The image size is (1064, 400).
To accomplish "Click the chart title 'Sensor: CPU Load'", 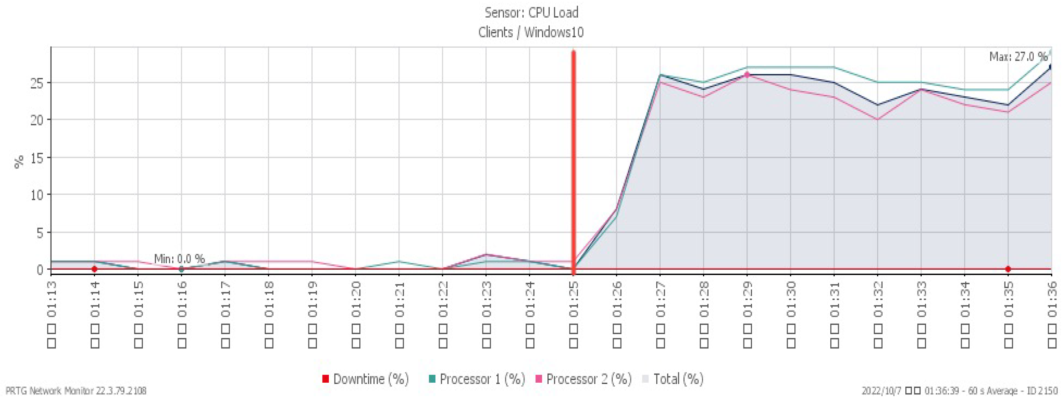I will [531, 13].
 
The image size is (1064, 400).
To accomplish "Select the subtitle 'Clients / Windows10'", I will [531, 32].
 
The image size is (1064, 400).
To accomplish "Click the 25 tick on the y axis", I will [37, 83].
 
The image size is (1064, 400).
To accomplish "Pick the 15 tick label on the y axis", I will [37, 157].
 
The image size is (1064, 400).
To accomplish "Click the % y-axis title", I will [19, 162].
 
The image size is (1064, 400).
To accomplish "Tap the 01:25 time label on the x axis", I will [573, 314].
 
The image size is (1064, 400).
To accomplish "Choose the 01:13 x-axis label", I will [51, 314].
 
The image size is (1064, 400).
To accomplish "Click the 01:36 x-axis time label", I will [1052, 314].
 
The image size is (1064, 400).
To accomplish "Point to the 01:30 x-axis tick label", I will [790, 314].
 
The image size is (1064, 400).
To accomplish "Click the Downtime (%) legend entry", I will [366, 379].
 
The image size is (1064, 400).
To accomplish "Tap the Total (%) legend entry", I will [673, 379].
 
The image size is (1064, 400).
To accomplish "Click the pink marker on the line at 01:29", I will [747, 75].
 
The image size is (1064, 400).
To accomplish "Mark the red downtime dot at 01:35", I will [1008, 269].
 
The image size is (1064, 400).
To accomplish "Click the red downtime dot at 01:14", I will [95, 269].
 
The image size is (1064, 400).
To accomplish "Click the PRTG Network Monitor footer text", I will [76, 391].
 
